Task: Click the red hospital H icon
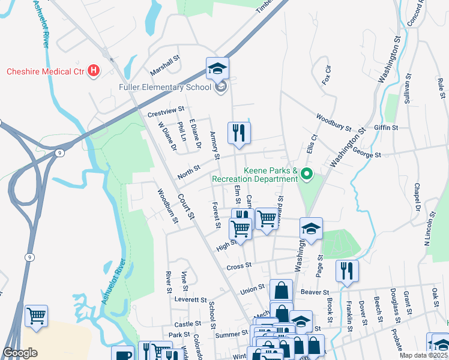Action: [93, 71]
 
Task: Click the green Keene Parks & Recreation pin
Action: [307, 175]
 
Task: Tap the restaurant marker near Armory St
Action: [239, 133]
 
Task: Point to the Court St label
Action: [186, 206]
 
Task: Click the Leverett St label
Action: [190, 299]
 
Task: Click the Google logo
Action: [20, 353]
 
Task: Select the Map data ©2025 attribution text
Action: [423, 355]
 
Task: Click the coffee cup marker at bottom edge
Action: [123, 354]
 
